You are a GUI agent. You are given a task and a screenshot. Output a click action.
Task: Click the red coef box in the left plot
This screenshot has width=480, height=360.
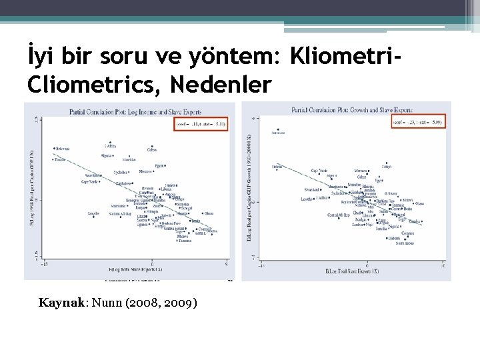tap(199, 123)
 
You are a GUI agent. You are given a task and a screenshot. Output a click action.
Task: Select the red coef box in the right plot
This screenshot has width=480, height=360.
tap(419, 122)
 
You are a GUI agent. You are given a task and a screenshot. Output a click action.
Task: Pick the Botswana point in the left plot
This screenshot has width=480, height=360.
tap(54, 148)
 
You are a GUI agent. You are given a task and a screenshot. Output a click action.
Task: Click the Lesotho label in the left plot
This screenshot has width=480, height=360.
tap(94, 213)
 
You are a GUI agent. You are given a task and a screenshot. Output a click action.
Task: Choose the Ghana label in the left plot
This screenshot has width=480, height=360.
tap(209, 213)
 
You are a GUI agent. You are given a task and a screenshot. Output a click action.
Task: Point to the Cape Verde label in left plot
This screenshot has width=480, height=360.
tap(91, 181)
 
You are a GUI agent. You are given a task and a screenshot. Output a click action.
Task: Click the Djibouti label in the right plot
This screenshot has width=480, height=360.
tap(387, 167)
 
